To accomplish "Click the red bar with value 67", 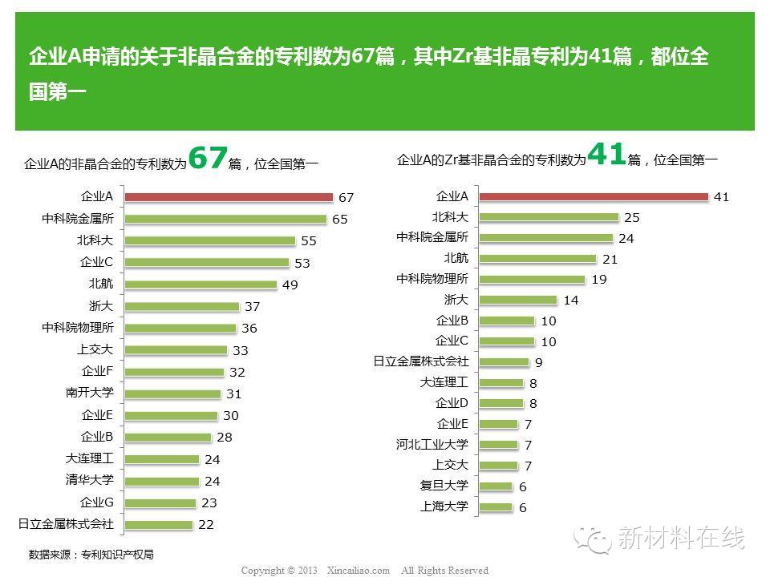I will (229, 197).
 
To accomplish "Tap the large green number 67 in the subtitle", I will (208, 157).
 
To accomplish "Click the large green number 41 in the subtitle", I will (606, 153).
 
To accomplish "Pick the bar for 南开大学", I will (173, 393).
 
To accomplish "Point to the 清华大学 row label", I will (90, 481).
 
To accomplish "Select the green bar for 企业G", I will (160, 503).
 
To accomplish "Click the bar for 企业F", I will (175, 372).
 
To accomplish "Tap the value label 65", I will (339, 219).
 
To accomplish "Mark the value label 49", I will (290, 284).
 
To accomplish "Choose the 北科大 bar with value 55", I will (211, 240).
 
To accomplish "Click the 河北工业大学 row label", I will (432, 445).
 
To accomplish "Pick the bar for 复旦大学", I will (496, 486).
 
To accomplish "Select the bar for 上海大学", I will (496, 506).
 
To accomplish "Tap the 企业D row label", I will (452, 403).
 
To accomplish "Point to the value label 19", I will (598, 280).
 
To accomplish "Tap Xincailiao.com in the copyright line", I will (359, 571).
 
